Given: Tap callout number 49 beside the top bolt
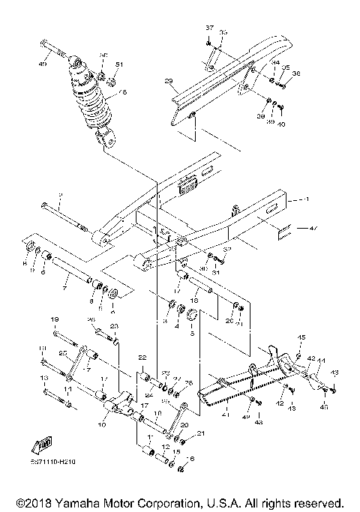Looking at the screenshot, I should [x=43, y=65].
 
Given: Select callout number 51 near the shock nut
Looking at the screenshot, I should [x=118, y=65].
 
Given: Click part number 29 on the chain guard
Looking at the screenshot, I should [x=169, y=81].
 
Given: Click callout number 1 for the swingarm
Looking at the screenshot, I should [x=306, y=200].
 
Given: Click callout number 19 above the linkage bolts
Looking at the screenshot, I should [x=54, y=320].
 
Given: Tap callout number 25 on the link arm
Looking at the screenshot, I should [x=64, y=353].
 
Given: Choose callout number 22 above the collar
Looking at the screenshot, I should [x=141, y=358].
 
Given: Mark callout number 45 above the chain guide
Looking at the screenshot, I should [x=302, y=337].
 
